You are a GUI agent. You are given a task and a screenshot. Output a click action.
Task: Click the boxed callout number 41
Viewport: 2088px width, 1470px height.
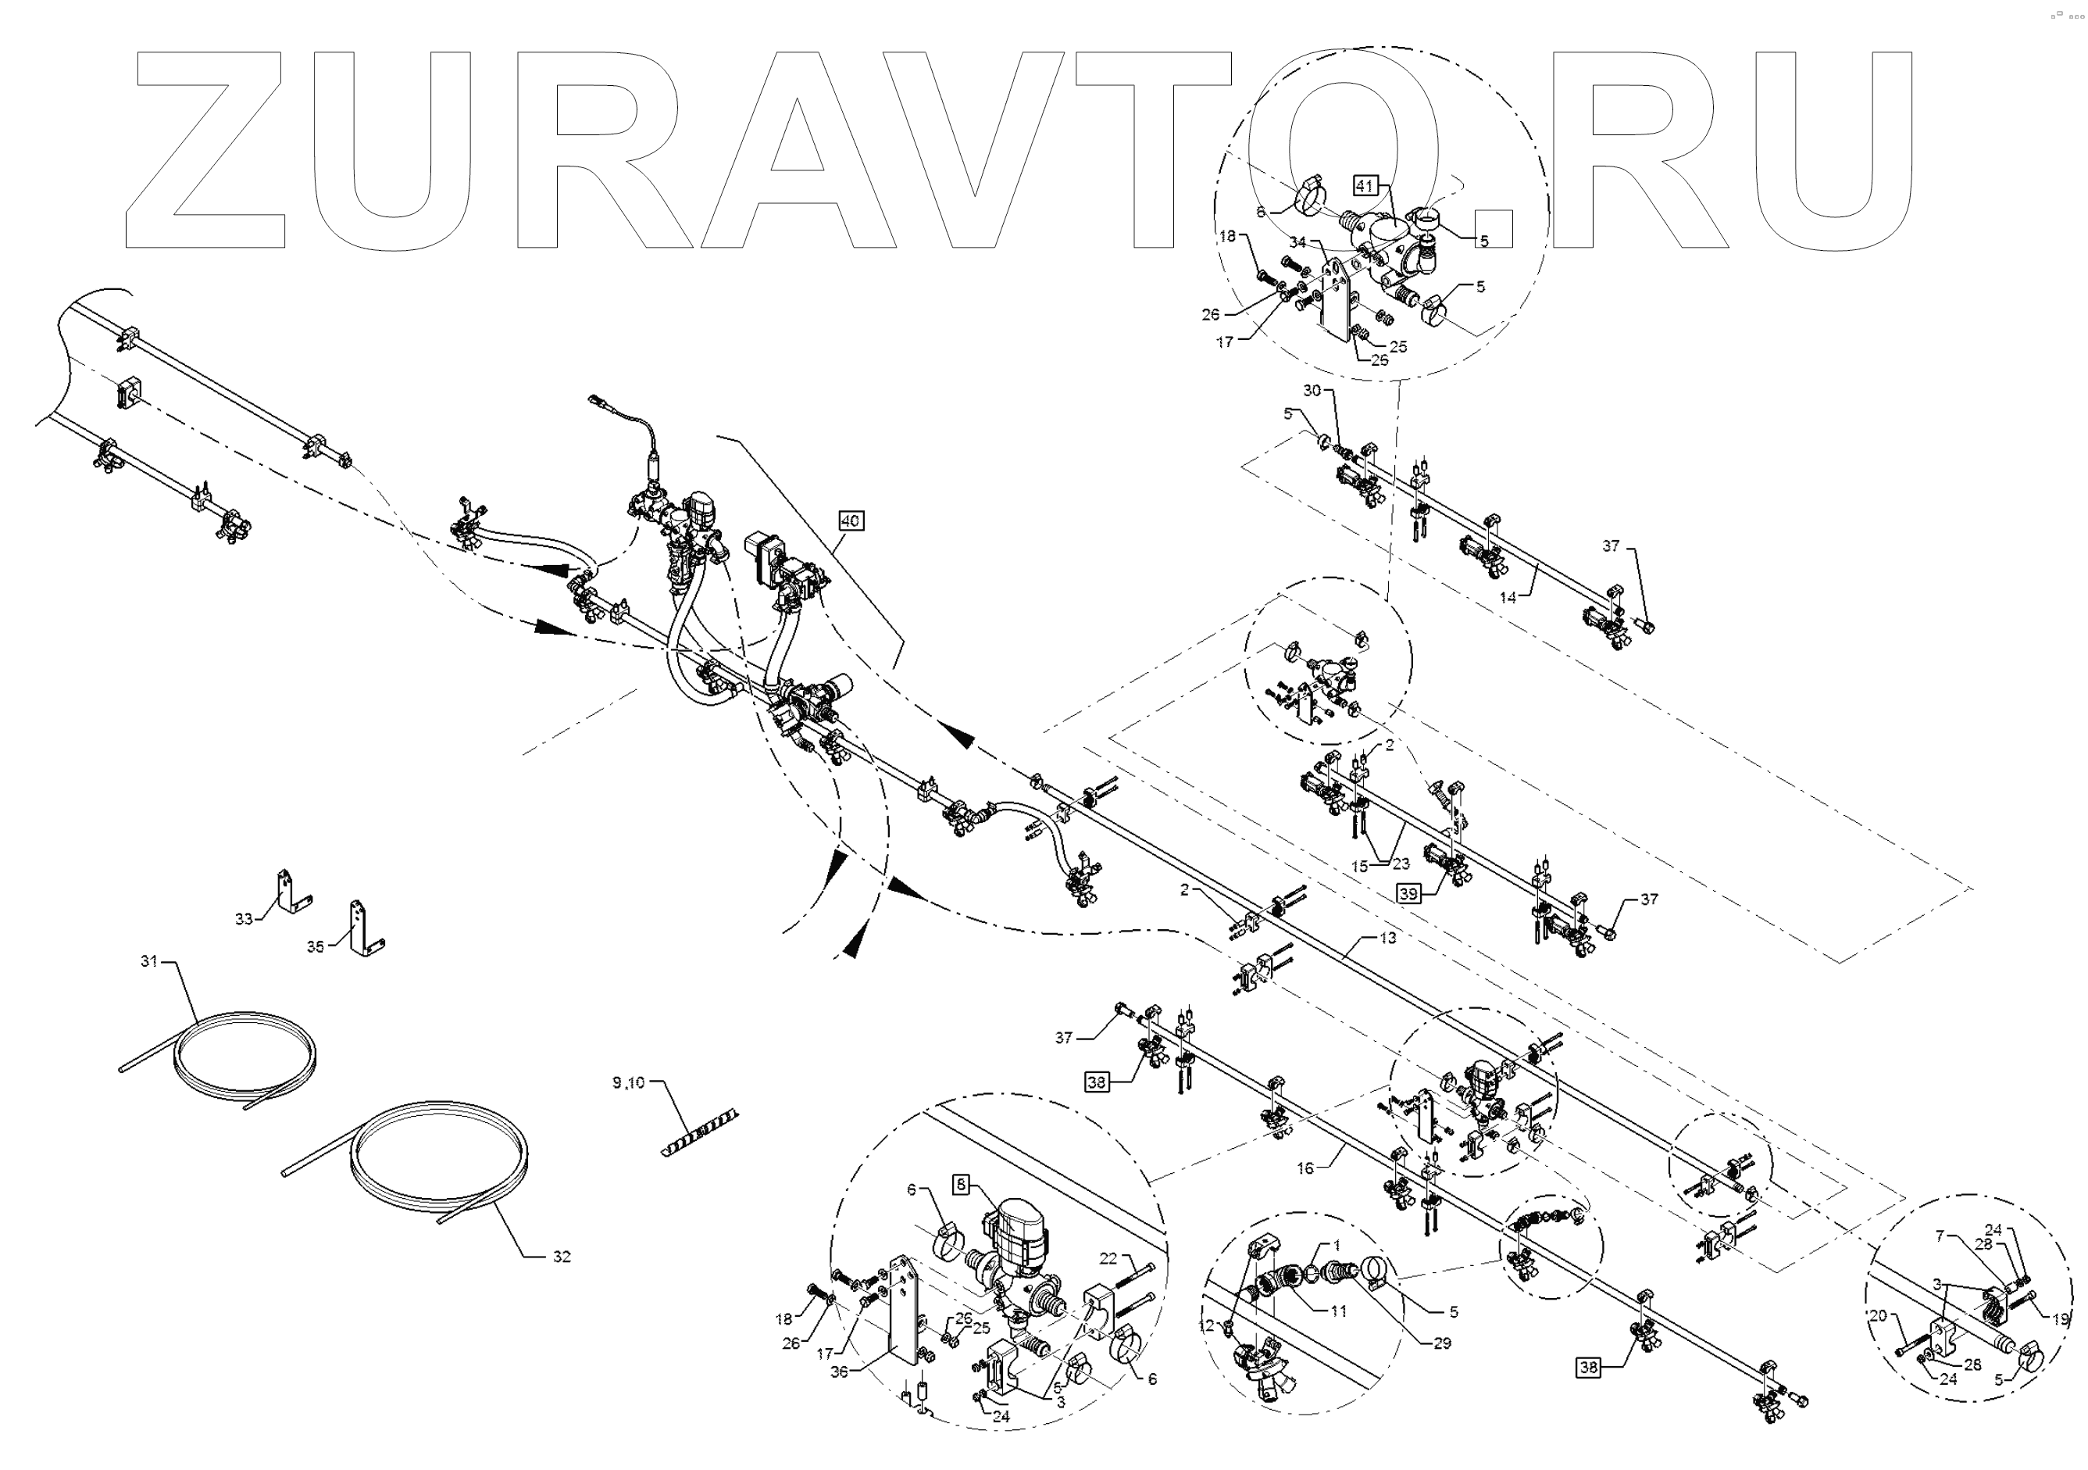point(1364,185)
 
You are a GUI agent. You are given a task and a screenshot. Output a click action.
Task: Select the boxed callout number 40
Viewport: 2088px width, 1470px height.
point(851,521)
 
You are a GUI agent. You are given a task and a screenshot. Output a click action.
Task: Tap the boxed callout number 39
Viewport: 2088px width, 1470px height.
point(1408,894)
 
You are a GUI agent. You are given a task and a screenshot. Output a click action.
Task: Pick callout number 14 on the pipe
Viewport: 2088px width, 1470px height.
point(1508,598)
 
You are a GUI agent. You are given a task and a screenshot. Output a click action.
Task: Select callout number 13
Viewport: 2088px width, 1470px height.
point(1387,938)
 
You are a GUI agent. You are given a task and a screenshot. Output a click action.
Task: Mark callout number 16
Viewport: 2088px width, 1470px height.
point(1305,1169)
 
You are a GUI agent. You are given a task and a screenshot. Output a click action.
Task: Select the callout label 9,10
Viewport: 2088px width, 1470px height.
point(628,1082)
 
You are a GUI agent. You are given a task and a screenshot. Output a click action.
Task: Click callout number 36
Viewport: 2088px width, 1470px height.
point(838,1372)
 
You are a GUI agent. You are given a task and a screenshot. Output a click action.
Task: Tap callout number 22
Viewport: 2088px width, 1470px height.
point(1108,1258)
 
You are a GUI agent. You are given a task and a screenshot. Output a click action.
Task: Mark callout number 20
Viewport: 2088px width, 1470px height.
point(1878,1315)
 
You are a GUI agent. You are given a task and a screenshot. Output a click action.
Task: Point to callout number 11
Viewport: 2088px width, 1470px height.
point(1338,1311)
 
